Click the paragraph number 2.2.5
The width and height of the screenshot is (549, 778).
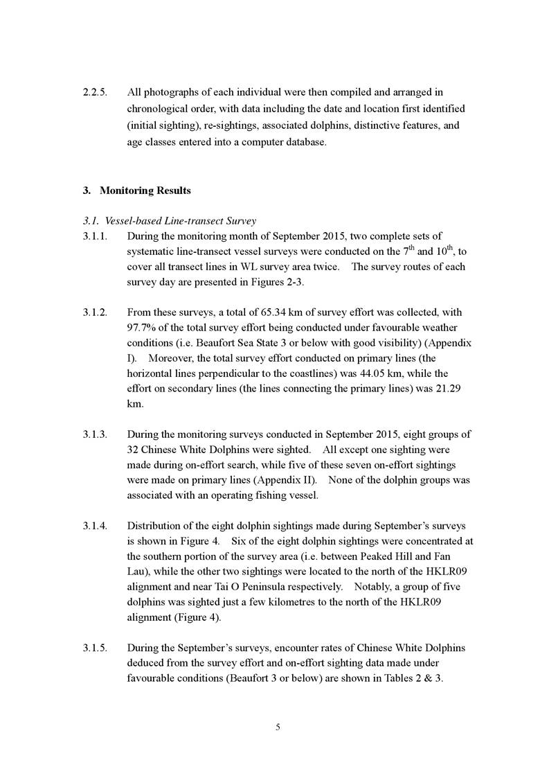pos(94,92)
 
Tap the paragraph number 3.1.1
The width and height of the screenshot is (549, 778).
pos(94,236)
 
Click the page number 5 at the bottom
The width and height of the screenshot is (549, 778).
pos(277,727)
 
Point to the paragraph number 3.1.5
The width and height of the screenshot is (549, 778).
pos(94,648)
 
